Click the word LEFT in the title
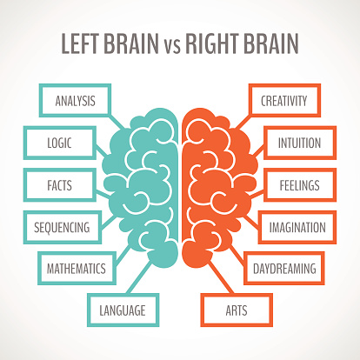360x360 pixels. pyautogui.click(x=79, y=43)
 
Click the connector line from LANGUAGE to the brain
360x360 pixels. pyautogui.click(x=140, y=277)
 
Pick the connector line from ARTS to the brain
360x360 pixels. pyautogui.click(x=220, y=277)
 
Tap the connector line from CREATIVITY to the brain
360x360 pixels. pyautogui.click(x=243, y=121)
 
